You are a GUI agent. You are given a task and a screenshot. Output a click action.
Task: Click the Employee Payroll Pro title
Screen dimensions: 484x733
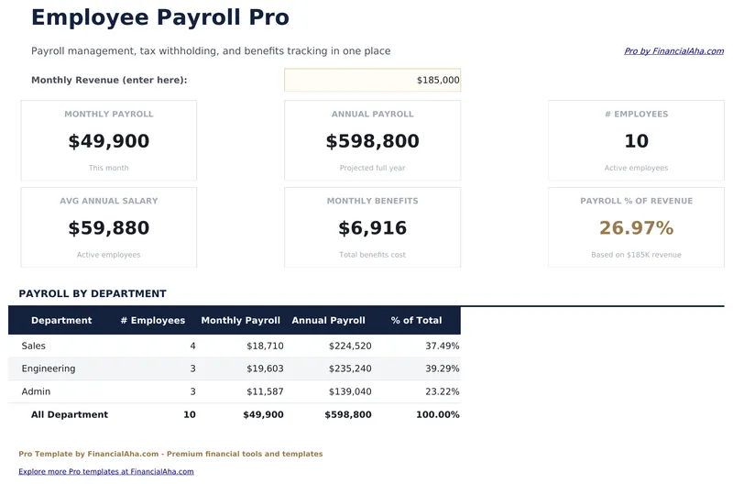pos(159,17)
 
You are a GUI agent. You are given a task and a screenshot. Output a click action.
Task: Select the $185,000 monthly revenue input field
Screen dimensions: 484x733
pos(372,81)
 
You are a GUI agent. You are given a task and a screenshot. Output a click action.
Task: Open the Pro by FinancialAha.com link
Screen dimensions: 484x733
pos(673,51)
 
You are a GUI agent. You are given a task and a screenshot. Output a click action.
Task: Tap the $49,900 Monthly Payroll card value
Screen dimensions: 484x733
pos(108,141)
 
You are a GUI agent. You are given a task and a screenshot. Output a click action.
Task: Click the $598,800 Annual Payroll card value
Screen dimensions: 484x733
pos(372,141)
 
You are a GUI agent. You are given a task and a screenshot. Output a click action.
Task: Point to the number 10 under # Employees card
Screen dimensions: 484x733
pos(636,141)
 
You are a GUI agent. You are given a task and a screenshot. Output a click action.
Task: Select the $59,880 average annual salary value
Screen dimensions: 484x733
pos(108,228)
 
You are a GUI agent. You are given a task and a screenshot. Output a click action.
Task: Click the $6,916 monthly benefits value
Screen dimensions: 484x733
pos(372,228)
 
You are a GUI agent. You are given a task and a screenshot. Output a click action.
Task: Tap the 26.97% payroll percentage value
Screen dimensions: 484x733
pos(636,228)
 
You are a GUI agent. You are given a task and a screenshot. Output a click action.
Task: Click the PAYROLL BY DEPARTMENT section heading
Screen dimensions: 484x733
pos(93,294)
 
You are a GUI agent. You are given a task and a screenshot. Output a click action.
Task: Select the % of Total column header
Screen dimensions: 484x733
pos(416,321)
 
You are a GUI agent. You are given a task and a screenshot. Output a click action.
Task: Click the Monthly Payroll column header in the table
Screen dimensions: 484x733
pos(240,321)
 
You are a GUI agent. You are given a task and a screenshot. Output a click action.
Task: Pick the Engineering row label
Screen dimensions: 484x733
pos(49,368)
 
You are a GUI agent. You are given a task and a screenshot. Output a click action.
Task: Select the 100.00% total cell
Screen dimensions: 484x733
pos(437,415)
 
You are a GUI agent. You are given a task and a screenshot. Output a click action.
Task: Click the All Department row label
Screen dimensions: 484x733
pos(70,415)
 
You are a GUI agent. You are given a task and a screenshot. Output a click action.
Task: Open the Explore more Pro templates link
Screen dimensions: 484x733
pos(106,471)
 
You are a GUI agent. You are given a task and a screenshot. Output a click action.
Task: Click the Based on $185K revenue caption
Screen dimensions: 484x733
pos(636,255)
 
